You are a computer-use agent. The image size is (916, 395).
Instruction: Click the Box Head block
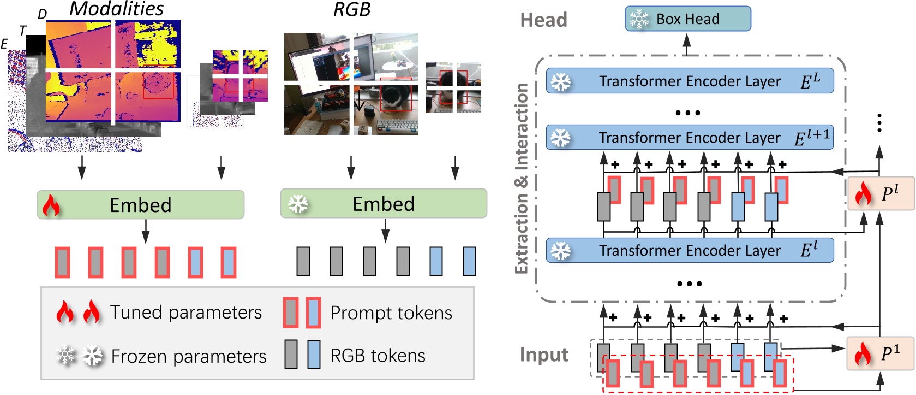pyautogui.click(x=687, y=19)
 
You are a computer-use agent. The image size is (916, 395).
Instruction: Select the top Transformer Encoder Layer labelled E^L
pyautogui.click(x=690, y=81)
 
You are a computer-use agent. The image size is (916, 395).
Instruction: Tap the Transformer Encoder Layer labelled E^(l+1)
pyautogui.click(x=690, y=138)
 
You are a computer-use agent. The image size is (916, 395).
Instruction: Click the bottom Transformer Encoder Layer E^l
pyautogui.click(x=690, y=250)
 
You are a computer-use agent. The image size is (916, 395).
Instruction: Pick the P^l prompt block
pyautogui.click(x=881, y=193)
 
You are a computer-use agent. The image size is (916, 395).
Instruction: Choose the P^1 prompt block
pyautogui.click(x=881, y=353)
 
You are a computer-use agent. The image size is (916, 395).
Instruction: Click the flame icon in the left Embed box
pyautogui.click(x=51, y=205)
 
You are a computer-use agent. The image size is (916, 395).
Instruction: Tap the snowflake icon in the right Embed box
pyautogui.click(x=298, y=204)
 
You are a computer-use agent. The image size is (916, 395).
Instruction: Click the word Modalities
pyautogui.click(x=116, y=9)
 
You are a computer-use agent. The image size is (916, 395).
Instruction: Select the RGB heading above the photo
pyautogui.click(x=352, y=9)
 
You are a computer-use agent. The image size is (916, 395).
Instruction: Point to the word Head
pyautogui.click(x=543, y=20)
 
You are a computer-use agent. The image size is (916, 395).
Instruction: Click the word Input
pyautogui.click(x=543, y=355)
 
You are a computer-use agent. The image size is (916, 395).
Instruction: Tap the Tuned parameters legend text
pyautogui.click(x=185, y=313)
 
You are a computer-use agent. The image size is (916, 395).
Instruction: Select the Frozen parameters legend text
pyautogui.click(x=188, y=356)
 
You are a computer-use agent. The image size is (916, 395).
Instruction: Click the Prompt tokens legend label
pyautogui.click(x=391, y=313)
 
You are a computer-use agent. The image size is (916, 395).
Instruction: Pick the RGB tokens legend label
pyautogui.click(x=378, y=356)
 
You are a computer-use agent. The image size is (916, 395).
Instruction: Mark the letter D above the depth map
pyautogui.click(x=42, y=14)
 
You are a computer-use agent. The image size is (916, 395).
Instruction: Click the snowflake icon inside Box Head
pyautogui.click(x=638, y=19)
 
